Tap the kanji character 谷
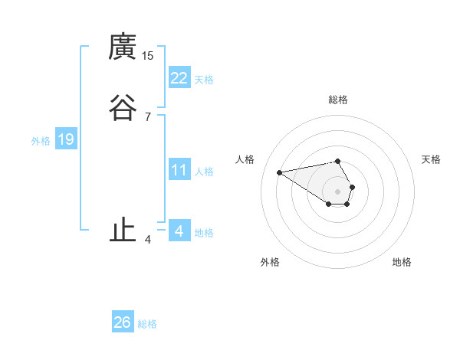(123, 108)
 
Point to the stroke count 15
(148, 56)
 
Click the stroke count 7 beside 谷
(148, 116)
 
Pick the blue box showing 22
(179, 77)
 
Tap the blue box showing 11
(179, 170)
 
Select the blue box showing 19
(66, 139)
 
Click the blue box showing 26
(123, 322)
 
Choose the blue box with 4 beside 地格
(179, 231)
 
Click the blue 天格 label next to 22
(204, 79)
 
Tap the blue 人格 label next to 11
(204, 172)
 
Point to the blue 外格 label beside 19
(41, 141)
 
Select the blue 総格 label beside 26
(147, 324)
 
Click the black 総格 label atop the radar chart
(338, 100)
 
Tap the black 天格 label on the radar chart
(431, 159)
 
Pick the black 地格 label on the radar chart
(402, 262)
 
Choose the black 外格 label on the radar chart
(269, 262)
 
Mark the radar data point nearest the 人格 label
(280, 172)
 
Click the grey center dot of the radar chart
(337, 191)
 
